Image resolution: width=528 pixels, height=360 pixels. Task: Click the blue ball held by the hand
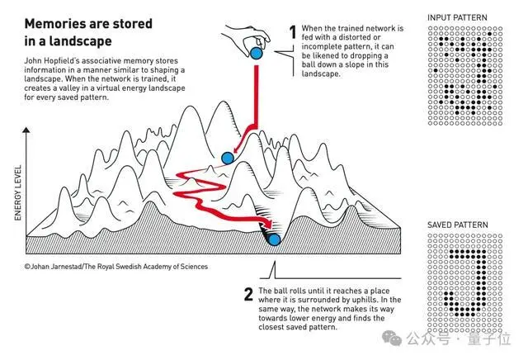pos(257,54)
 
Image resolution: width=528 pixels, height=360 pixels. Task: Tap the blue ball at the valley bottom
pos(275,239)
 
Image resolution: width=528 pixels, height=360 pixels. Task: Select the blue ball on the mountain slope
pos(228,158)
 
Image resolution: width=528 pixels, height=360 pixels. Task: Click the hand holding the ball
pos(247,38)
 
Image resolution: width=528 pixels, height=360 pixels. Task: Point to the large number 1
pos(293,32)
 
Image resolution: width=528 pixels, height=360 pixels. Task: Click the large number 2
pos(248,294)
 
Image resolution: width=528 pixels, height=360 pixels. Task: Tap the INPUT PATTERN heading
pos(457,17)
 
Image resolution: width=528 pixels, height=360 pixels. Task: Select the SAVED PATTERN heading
pos(458,225)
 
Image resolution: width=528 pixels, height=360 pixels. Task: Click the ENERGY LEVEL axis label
pos(18,193)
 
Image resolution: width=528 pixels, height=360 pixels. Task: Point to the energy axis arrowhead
pos(26,130)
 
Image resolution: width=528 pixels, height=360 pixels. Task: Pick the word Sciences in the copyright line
pos(194,267)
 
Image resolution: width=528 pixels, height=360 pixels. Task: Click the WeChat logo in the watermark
pos(392,338)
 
